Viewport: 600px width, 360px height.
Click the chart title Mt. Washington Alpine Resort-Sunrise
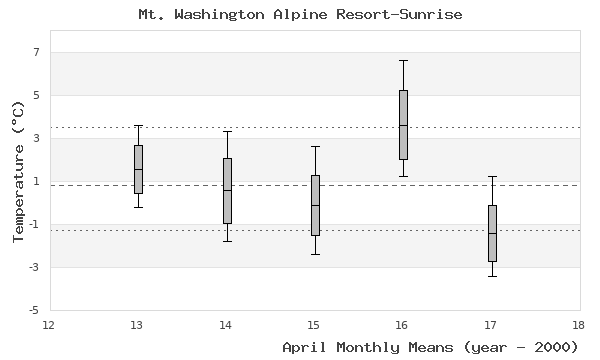(300, 15)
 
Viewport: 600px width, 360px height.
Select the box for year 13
(138, 169)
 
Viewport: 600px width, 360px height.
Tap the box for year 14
(227, 190)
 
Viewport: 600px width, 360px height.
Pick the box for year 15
(315, 205)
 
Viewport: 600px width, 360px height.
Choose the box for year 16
(403, 125)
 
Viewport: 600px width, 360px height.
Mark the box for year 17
(491, 233)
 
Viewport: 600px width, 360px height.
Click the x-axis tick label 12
(50, 325)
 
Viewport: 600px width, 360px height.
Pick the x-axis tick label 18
(579, 325)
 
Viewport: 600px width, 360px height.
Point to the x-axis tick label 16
(402, 325)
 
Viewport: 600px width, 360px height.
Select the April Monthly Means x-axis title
(430, 347)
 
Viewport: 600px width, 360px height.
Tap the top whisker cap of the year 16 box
(403, 60)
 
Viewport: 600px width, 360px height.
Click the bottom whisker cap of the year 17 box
(491, 276)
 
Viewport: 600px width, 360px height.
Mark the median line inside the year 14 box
(227, 190)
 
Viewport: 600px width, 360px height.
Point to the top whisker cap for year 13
(138, 125)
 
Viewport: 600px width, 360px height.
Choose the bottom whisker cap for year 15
(315, 254)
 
